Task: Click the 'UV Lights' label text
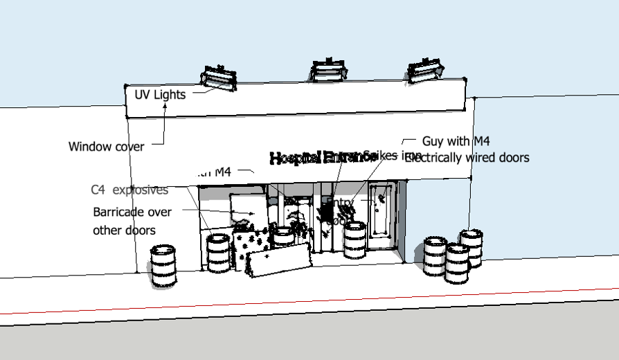tap(160, 95)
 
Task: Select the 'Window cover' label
tap(106, 147)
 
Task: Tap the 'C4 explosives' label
tap(129, 190)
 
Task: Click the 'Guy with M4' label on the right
tap(456, 141)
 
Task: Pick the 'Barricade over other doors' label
tap(132, 221)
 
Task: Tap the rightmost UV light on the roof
tap(426, 71)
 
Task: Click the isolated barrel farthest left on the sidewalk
tap(164, 264)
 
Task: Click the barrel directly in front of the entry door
tap(355, 239)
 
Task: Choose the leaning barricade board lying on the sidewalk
tap(279, 261)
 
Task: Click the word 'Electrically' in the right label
tap(434, 158)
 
